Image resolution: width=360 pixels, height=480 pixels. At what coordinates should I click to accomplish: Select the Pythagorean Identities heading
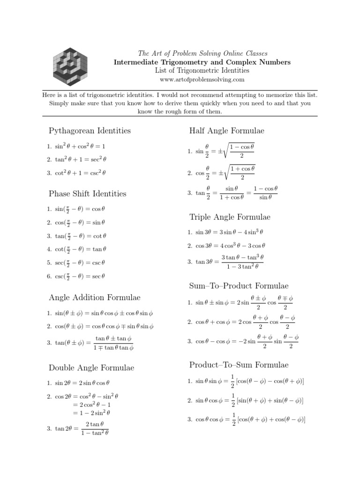point(90,130)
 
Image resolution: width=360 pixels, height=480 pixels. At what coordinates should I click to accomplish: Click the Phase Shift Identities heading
point(88,193)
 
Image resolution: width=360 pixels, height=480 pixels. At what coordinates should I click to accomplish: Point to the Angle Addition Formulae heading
point(95,297)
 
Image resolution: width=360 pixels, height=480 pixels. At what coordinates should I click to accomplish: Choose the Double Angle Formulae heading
point(91,367)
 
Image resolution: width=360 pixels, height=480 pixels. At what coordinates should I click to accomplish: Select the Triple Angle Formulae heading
point(230,217)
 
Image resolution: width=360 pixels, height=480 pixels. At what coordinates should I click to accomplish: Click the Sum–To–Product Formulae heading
point(239,285)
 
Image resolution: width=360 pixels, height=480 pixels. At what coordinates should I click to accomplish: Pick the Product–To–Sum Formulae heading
point(239,365)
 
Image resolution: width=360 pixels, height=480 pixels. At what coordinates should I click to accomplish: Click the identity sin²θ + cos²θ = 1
point(80,146)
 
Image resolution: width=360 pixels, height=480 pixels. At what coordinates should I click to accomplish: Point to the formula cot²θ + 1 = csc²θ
point(80,172)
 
